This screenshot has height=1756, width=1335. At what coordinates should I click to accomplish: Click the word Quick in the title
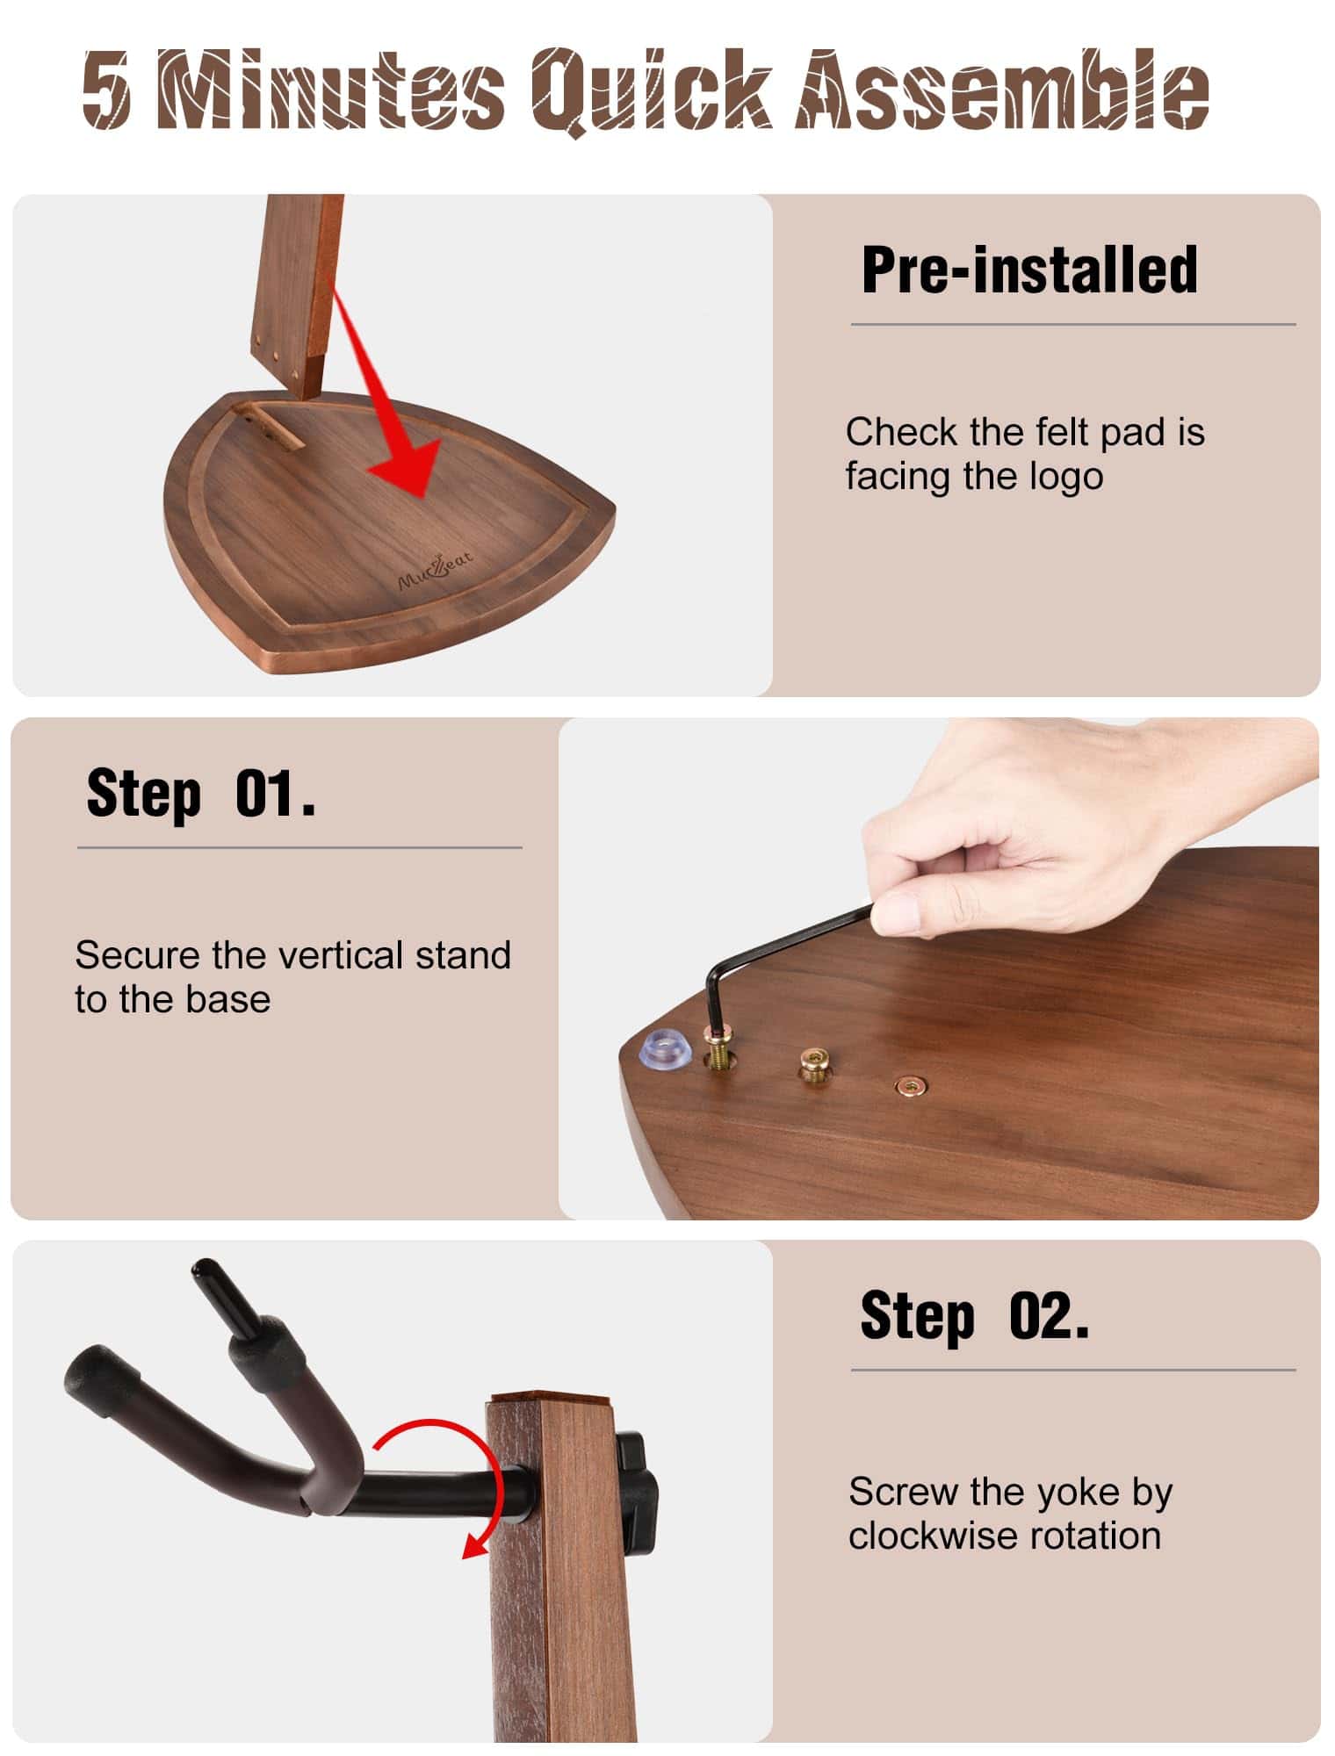coord(653,90)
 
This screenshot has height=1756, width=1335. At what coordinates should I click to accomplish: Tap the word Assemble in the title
coord(1004,88)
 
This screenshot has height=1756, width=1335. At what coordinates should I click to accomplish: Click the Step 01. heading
coord(201,793)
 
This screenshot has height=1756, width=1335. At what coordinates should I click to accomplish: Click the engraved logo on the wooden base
coord(436,568)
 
